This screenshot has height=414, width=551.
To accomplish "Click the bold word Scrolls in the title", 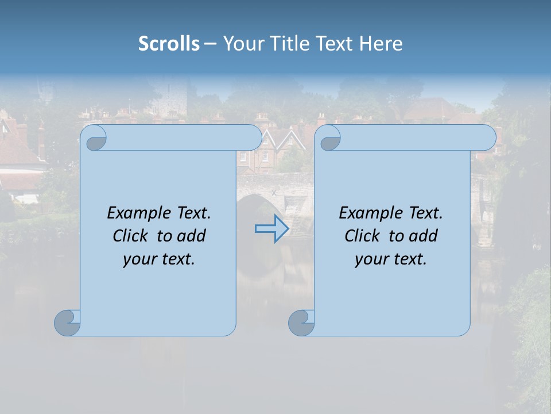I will (x=169, y=44).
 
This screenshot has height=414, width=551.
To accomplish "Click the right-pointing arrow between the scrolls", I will (x=271, y=229).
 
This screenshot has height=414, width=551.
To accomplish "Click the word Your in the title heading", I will (x=241, y=44).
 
